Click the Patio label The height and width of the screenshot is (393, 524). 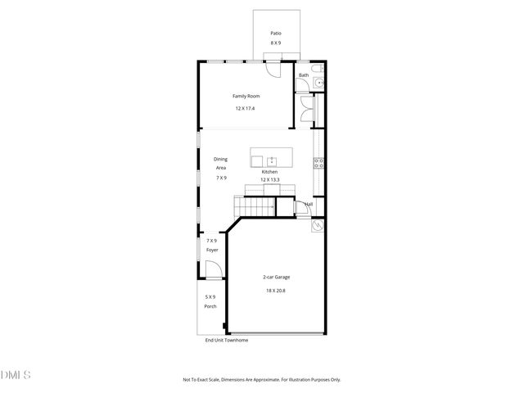[276, 34]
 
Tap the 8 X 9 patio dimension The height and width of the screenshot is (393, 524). [276, 43]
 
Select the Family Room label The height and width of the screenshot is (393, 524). [246, 97]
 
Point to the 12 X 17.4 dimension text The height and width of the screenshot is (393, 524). [246, 109]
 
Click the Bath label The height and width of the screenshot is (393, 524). [304, 75]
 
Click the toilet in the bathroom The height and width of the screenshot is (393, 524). [319, 67]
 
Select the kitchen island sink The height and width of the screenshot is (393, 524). [270, 158]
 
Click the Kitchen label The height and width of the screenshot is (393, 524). [269, 172]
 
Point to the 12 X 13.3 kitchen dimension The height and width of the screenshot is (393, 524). [269, 179]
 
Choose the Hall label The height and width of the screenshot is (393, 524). [309, 204]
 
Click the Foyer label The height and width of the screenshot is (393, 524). [212, 249]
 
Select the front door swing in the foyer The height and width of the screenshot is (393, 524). [212, 269]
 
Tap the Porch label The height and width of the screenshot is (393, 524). [210, 306]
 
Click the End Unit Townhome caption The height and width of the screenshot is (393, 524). [226, 340]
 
